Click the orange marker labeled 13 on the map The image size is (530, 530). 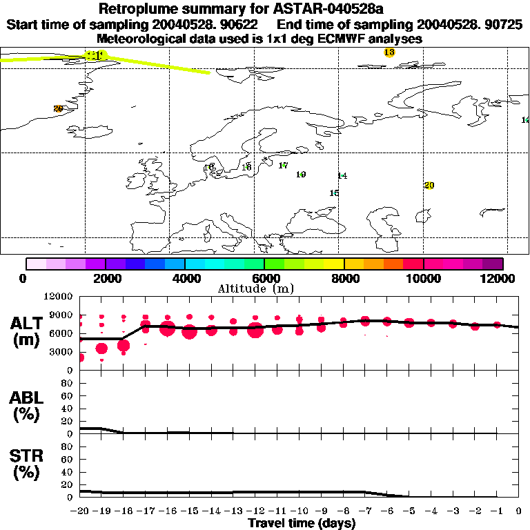tap(389, 52)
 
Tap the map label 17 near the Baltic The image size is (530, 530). tap(283, 165)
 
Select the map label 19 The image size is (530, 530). tap(301, 175)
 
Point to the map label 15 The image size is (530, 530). tap(334, 193)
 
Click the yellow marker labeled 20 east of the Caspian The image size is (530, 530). tap(429, 186)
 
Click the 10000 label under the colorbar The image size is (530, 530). tap(423, 278)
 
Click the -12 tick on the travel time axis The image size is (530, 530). tap(255, 512)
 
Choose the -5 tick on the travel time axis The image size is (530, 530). tap(409, 512)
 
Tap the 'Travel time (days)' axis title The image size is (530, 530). tap(302, 523)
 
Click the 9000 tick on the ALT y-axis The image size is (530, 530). tap(64, 315)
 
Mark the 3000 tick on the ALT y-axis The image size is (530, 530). tap(64, 351)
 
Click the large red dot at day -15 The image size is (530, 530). tap(190, 332)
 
